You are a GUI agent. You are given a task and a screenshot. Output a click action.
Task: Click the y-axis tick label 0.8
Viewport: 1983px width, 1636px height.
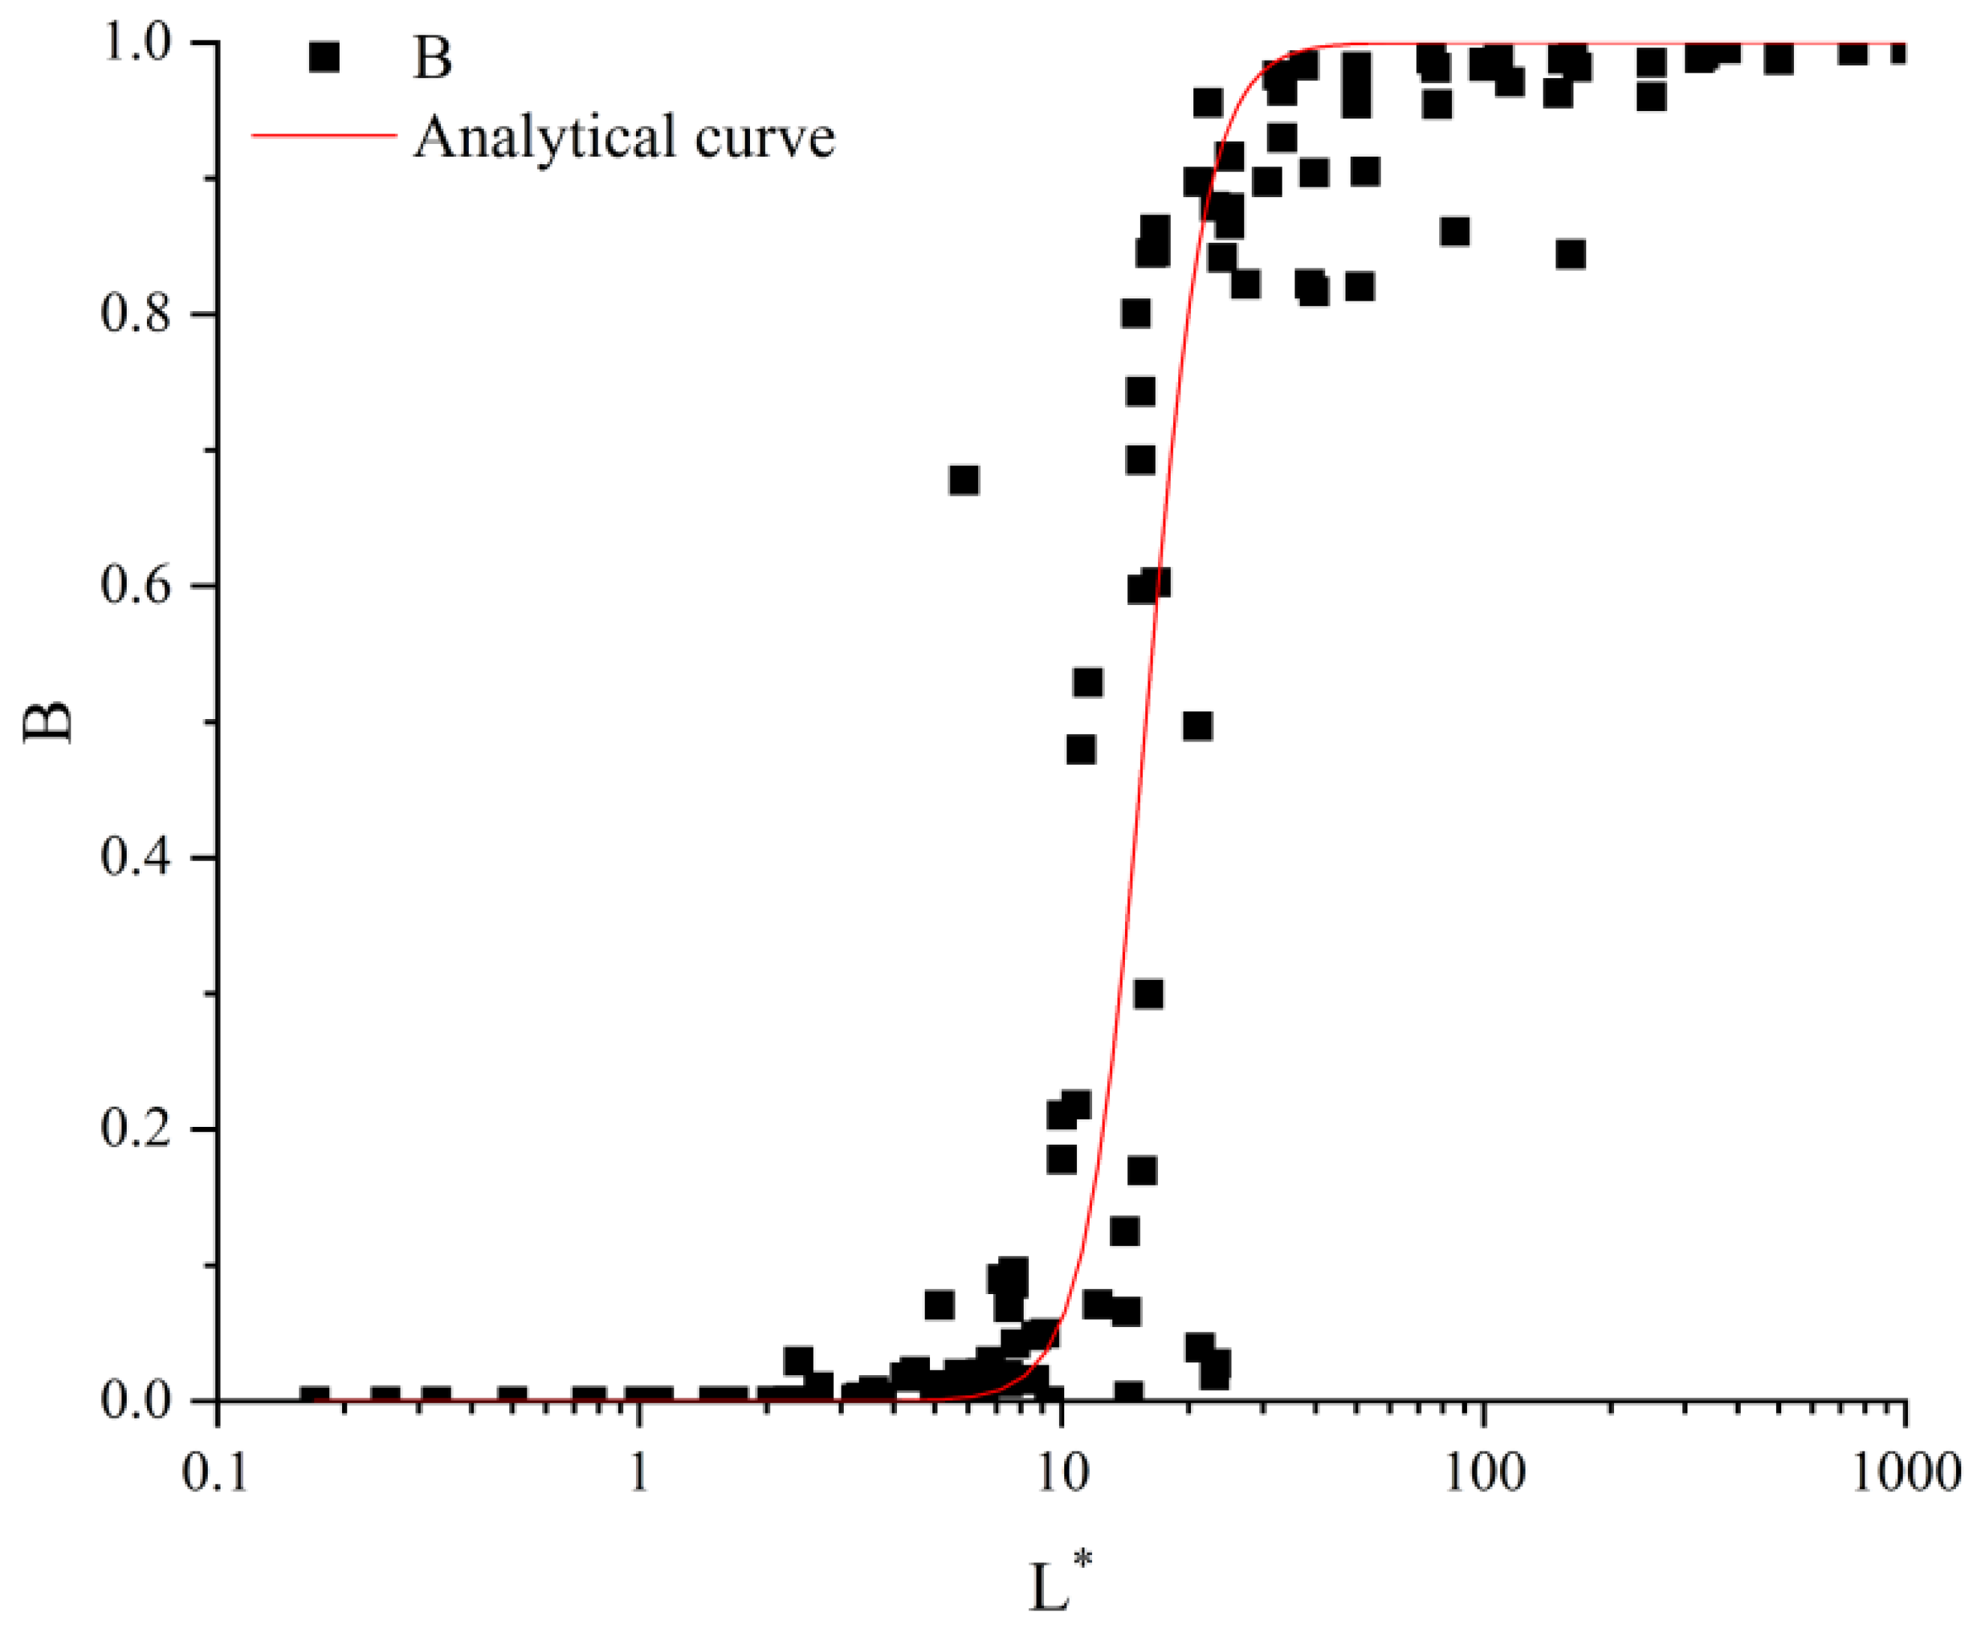(136, 314)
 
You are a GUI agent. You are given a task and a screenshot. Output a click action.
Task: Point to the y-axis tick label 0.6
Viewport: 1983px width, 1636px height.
(136, 586)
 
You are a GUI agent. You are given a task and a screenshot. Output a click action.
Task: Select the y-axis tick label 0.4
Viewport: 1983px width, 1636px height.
(136, 858)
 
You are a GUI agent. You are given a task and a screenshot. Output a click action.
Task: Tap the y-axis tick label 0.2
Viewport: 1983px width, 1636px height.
(136, 1129)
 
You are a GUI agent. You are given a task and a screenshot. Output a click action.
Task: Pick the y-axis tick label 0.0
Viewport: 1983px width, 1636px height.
(136, 1401)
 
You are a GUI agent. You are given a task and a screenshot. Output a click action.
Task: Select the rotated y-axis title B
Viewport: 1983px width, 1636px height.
(47, 723)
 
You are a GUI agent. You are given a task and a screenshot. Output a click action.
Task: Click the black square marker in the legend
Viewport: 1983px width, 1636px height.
(323, 58)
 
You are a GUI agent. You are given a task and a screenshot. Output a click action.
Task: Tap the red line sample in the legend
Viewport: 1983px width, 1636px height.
(323, 136)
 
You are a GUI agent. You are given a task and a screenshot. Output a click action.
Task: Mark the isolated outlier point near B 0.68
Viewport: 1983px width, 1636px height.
(963, 481)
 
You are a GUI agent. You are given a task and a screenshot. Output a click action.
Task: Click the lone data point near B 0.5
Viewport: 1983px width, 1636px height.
(1197, 727)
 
